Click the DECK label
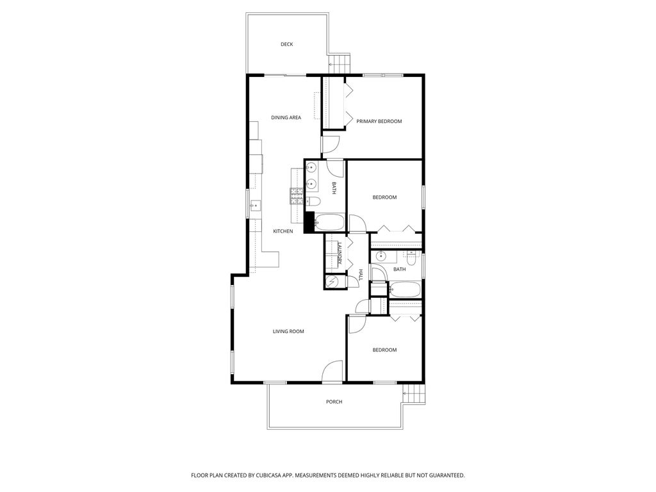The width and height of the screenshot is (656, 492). pos(286,44)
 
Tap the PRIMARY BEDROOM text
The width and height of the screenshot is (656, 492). pos(379,121)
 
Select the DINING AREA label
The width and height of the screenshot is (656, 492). pos(286,117)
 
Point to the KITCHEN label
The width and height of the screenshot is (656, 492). pos(283,231)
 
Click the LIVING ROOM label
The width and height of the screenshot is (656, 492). pos(288,331)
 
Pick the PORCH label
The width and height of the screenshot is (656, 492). pos(334,402)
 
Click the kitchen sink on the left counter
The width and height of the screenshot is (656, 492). pos(254,206)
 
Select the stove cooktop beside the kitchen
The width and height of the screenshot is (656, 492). pos(296,195)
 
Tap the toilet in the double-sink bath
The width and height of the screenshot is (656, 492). pos(314,202)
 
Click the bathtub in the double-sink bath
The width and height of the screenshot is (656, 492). pos(330,223)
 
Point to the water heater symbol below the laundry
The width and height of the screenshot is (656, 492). pos(333,282)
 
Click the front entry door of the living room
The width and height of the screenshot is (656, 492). pos(332,372)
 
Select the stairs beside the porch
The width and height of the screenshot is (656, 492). pos(413,392)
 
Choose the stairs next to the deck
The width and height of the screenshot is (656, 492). pos(340,63)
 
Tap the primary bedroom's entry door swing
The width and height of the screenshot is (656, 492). pos(332,145)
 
